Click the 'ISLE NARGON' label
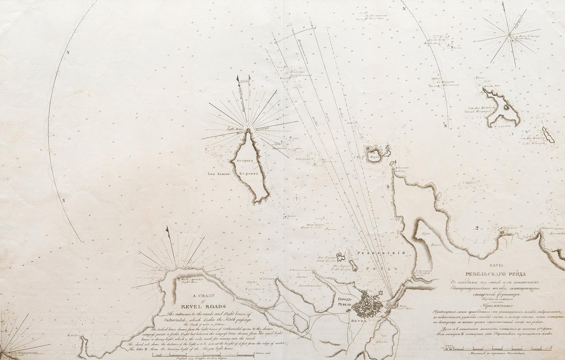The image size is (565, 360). (x=218, y=174)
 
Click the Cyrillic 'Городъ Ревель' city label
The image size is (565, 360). (x=344, y=302)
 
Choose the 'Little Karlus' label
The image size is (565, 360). (x=341, y=269)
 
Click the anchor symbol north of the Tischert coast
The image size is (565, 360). (x=477, y=227)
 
